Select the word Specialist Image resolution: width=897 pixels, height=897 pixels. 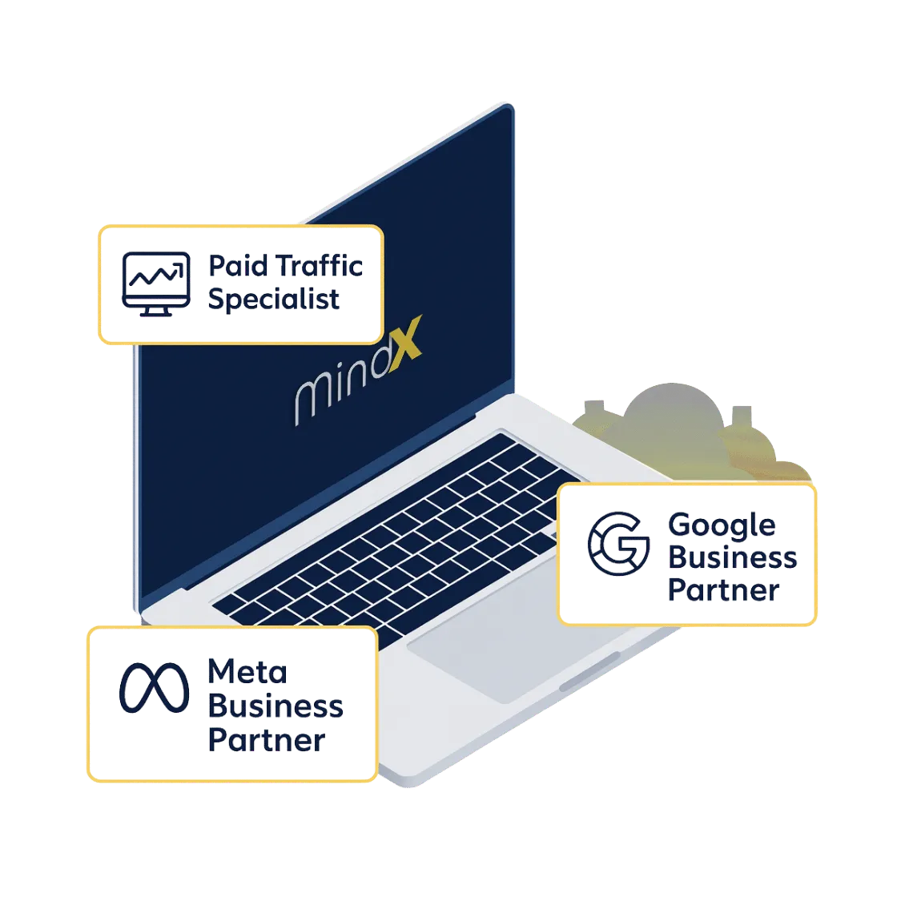273,300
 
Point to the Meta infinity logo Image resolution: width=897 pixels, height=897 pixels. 155,687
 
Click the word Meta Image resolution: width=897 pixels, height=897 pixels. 247,672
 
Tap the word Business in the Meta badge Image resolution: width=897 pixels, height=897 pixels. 275,706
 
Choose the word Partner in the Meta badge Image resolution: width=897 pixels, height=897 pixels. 266,740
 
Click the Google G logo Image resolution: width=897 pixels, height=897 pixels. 618,545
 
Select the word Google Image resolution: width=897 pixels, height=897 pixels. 721,525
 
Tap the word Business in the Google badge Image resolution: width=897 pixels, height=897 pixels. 732,557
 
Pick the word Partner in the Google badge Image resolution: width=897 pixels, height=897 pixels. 723,591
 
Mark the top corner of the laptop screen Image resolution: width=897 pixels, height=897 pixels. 506,107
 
